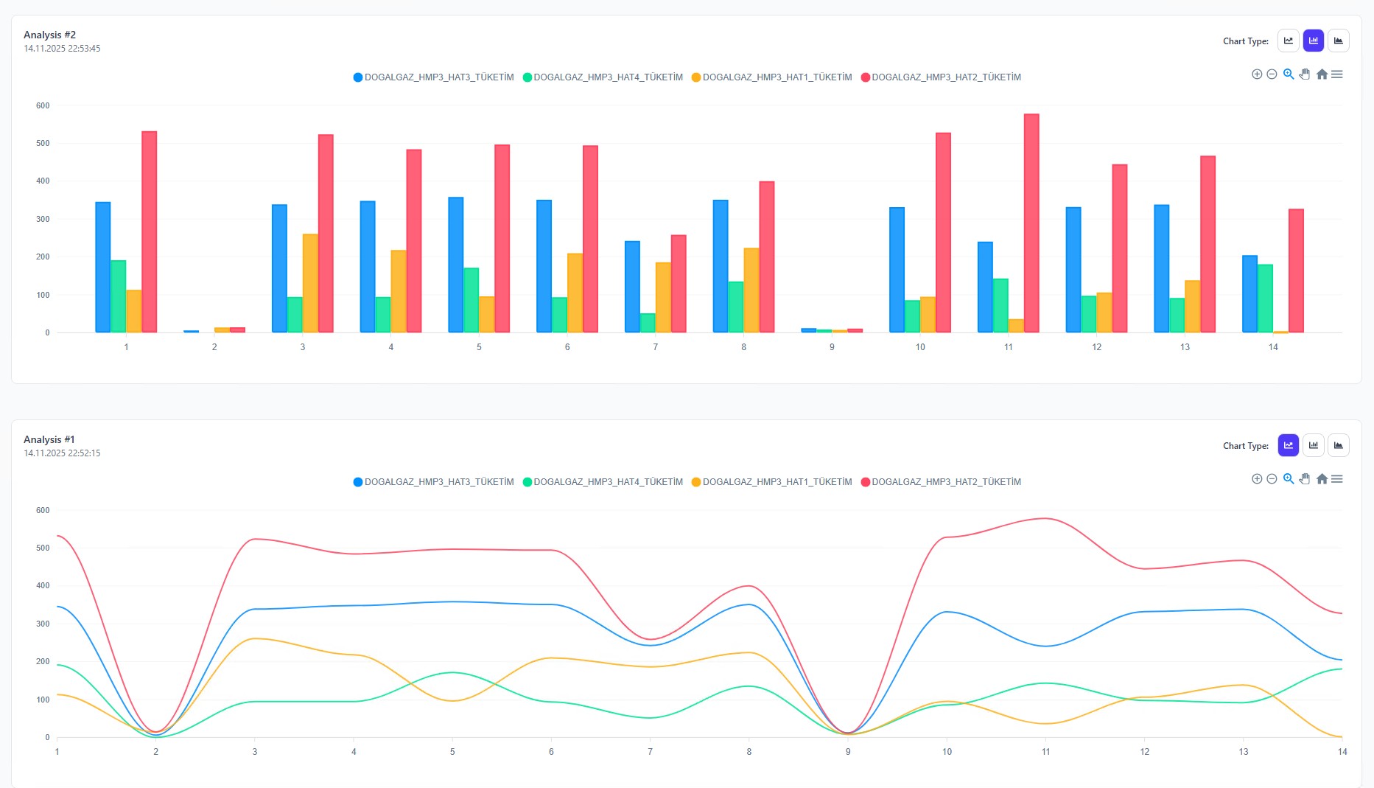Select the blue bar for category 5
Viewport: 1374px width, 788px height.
[x=455, y=265]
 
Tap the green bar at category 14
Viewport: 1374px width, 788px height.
[x=1265, y=299]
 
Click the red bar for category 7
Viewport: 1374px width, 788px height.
[x=679, y=284]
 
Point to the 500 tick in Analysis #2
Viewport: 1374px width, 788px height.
[x=43, y=144]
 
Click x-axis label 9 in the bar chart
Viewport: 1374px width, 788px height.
[x=832, y=347]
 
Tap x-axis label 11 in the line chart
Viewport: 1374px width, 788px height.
[x=1045, y=752]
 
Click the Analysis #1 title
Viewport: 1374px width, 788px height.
[x=49, y=439]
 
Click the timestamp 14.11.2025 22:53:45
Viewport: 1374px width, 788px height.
[x=62, y=49]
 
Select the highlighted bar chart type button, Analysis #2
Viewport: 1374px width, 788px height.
[x=1313, y=41]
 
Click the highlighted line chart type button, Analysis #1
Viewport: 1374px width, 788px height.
[x=1288, y=446]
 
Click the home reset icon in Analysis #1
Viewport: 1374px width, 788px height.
[x=1322, y=479]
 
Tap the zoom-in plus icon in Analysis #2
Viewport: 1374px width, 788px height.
[x=1257, y=74]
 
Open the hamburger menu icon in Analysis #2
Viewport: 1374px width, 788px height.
[x=1337, y=74]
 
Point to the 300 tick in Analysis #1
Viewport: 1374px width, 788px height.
[x=43, y=624]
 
